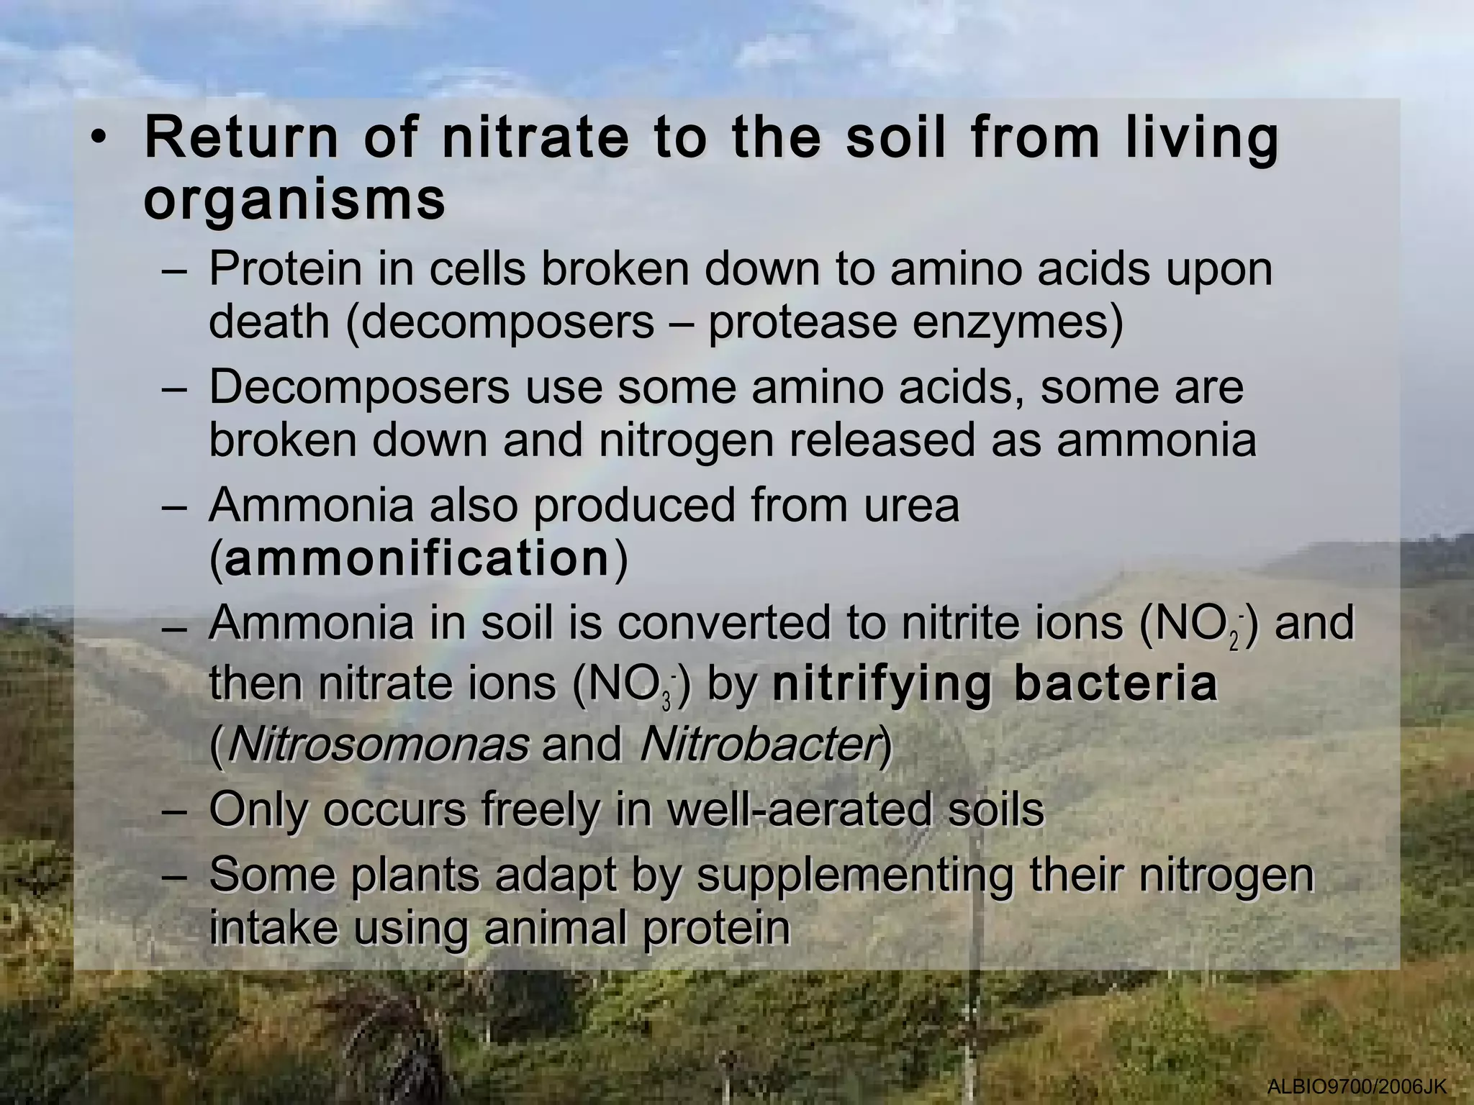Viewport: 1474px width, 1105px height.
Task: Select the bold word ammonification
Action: coord(417,559)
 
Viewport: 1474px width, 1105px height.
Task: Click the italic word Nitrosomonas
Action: coord(377,745)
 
